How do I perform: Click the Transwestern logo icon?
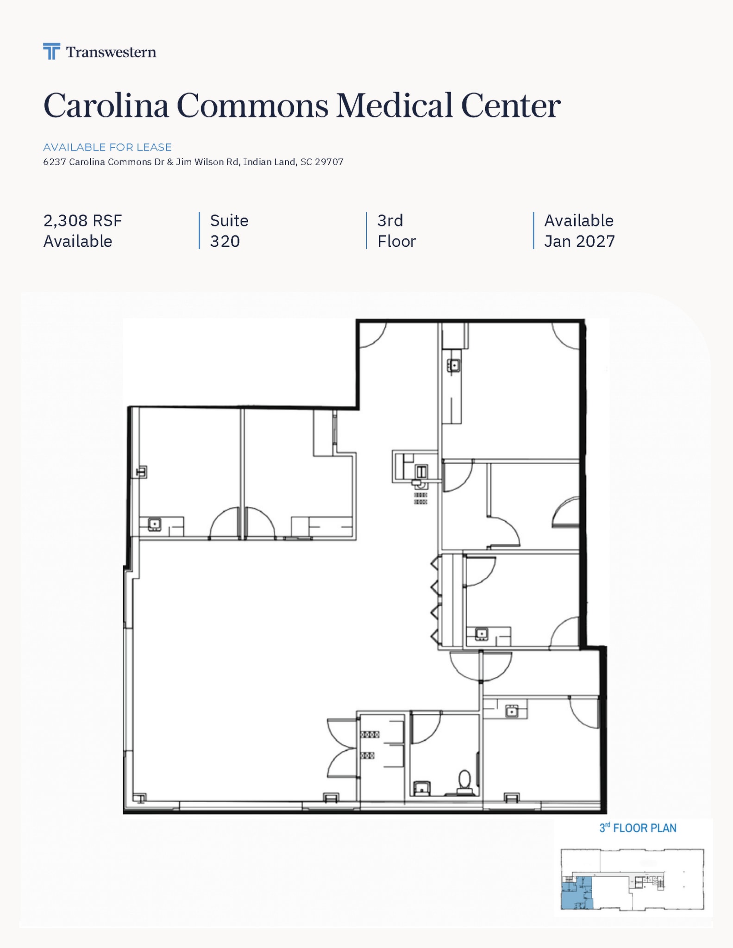(51, 51)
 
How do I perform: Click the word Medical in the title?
(394, 106)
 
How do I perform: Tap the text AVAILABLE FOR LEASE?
(107, 147)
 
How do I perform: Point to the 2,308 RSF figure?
(82, 221)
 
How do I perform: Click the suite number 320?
(225, 241)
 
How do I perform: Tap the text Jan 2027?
(579, 241)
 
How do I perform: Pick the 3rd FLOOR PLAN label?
(638, 828)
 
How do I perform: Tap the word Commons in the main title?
(252, 106)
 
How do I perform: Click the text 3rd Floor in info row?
(396, 231)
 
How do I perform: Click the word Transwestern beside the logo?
(111, 52)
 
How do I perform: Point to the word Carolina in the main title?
(106, 106)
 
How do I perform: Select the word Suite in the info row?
(229, 221)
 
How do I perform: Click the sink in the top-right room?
(453, 366)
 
